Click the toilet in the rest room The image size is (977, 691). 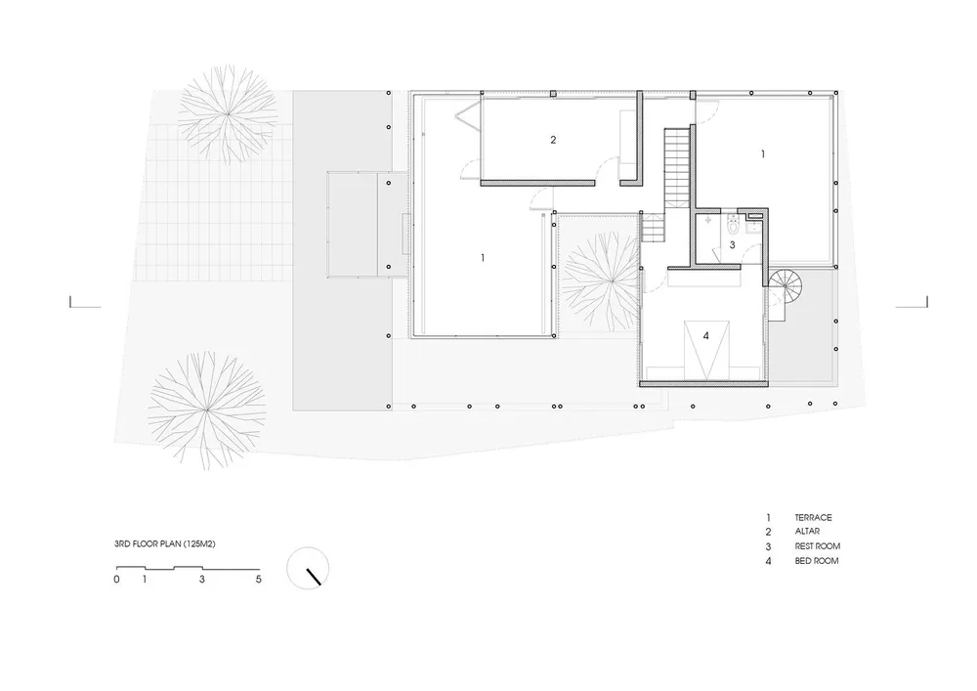(732, 226)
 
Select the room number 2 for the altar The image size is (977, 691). (553, 140)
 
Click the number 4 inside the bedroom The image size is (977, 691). (706, 336)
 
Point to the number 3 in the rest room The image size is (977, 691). (732, 245)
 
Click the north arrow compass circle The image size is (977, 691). (308, 568)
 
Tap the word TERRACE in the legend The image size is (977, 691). (813, 518)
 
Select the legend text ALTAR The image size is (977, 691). (807, 532)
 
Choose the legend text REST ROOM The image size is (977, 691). (818, 546)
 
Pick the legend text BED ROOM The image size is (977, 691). (817, 561)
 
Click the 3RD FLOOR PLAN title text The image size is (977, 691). (165, 544)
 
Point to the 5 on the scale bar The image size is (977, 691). (259, 580)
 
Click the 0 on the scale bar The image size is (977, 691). (116, 580)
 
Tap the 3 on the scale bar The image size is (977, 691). (202, 580)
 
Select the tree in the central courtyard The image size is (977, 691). (601, 281)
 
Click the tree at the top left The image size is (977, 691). (228, 114)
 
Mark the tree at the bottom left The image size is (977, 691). (207, 410)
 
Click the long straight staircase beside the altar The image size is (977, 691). (679, 167)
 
